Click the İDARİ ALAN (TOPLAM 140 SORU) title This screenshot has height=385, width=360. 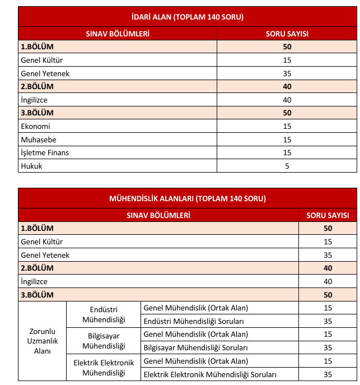pyautogui.click(x=187, y=17)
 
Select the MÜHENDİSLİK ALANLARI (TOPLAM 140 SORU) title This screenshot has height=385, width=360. pyautogui.click(x=187, y=198)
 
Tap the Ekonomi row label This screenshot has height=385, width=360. pyautogui.click(x=35, y=126)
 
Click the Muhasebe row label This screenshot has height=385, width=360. pyautogui.click(x=38, y=139)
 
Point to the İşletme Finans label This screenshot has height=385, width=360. pyautogui.click(x=45, y=152)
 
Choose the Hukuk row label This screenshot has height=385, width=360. pyautogui.click(x=31, y=166)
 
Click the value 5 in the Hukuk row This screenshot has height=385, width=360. pyautogui.click(x=287, y=166)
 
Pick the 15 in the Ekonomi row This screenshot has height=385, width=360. pyautogui.click(x=287, y=126)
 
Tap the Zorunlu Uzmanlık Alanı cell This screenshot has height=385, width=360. pyautogui.click(x=42, y=341)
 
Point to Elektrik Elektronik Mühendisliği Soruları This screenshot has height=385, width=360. pyautogui.click(x=211, y=374)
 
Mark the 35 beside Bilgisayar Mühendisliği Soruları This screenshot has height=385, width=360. pyautogui.click(x=328, y=347)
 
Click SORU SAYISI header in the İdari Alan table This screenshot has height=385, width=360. pyautogui.click(x=287, y=34)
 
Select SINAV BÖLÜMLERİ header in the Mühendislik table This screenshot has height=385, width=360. pyautogui.click(x=158, y=215)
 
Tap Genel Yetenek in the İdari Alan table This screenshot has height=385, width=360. pyautogui.click(x=45, y=73)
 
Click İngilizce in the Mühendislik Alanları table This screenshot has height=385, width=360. pyautogui.click(x=34, y=281)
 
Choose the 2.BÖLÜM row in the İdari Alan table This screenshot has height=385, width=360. pyautogui.click(x=37, y=87)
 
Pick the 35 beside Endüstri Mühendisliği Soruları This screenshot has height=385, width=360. pyautogui.click(x=328, y=321)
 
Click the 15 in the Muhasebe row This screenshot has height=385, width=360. pyautogui.click(x=287, y=139)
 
